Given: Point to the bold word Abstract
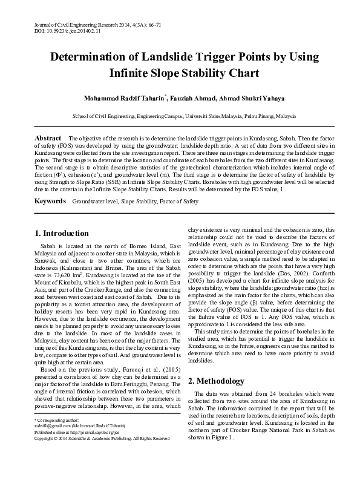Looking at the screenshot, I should (48, 139).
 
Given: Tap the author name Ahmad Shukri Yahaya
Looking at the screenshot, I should (255, 99).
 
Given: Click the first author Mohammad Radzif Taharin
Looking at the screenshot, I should (125, 99).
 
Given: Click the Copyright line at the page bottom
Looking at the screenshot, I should (102, 472).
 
